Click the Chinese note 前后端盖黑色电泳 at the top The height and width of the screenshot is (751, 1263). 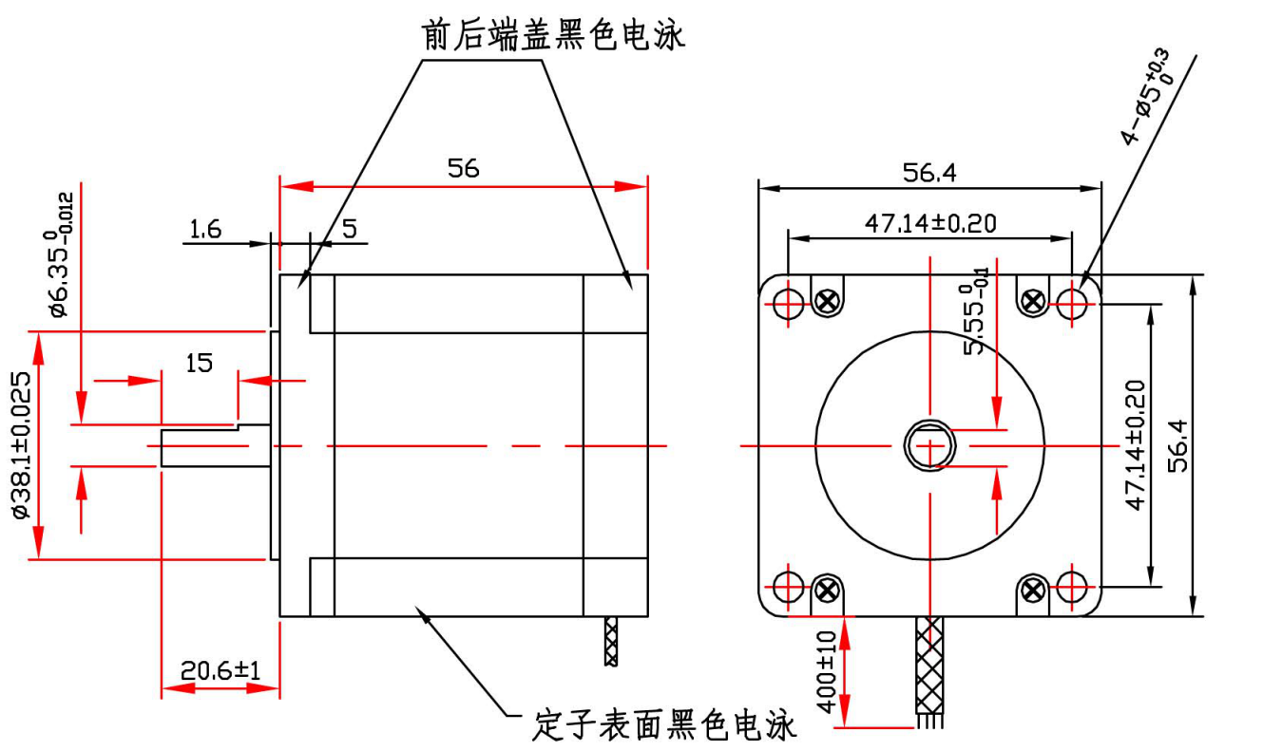point(553,35)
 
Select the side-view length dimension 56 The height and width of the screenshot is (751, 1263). point(464,168)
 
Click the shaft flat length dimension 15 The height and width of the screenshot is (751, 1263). point(199,362)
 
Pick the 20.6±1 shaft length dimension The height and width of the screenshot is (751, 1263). point(220,669)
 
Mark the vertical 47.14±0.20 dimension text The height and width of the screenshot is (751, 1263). point(1135,444)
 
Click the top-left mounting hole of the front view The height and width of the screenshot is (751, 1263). point(788,303)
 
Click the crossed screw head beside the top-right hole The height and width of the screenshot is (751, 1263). point(1033,302)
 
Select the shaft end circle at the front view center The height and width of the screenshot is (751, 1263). point(929,444)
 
